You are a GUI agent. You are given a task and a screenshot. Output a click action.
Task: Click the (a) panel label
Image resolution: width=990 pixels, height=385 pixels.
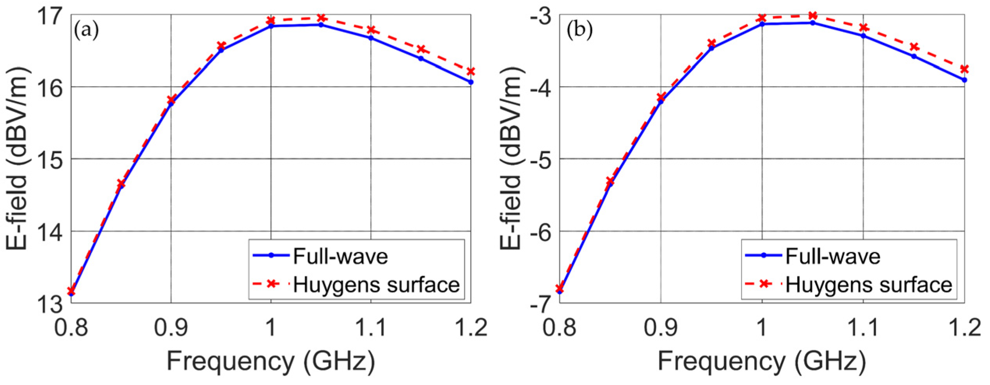(87, 30)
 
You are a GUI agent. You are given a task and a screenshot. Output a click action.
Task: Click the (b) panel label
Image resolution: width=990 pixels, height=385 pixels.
(579, 30)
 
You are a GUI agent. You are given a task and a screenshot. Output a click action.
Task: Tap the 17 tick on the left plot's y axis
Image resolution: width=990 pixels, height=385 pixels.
(50, 16)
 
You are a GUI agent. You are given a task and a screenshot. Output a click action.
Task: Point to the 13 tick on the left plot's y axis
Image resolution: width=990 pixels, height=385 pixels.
(50, 304)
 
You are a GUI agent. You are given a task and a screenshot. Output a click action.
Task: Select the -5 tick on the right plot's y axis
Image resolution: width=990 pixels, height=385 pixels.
(540, 159)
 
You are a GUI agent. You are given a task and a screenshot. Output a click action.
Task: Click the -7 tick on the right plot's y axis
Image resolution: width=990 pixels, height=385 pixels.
(540, 304)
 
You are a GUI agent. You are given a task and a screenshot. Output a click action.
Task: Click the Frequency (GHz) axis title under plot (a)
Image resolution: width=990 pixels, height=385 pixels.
(271, 361)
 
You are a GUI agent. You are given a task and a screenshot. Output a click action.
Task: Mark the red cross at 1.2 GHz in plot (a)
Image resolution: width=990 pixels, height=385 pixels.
(471, 71)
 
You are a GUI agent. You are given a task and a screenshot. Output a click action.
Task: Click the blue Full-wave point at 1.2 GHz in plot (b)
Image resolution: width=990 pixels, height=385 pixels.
(965, 80)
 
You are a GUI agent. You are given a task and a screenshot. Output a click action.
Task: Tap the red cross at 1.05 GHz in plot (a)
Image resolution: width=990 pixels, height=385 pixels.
(321, 18)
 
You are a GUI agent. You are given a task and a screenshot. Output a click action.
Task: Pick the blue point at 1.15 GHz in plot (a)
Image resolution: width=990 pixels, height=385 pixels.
(421, 58)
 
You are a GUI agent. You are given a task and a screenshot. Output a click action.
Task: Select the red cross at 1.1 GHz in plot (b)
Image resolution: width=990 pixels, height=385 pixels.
(864, 27)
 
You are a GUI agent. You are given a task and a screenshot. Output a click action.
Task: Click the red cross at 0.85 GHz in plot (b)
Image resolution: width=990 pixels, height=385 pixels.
(610, 181)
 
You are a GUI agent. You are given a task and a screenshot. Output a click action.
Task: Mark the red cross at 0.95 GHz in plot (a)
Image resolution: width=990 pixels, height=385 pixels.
(221, 46)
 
